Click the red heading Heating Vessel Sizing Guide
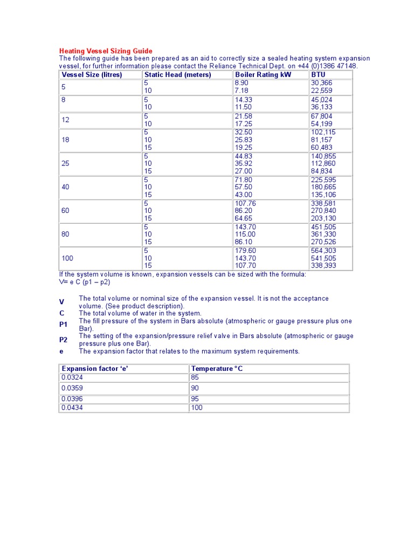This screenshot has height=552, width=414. click(x=106, y=51)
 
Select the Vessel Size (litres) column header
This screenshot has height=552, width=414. click(x=92, y=74)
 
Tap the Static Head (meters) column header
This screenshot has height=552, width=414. click(x=177, y=74)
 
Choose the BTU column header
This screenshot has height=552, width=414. click(x=318, y=74)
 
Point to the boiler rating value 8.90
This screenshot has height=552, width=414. click(x=241, y=83)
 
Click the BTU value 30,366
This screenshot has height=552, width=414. click(x=322, y=83)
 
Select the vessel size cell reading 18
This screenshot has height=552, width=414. click(x=65, y=140)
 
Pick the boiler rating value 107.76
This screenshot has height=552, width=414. click(x=245, y=203)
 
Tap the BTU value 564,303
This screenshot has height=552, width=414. click(x=323, y=251)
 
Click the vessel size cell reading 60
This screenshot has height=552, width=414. click(x=65, y=211)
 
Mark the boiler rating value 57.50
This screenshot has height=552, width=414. click(x=243, y=187)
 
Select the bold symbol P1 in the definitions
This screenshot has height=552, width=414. click(x=63, y=325)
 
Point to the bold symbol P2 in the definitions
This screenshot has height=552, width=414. click(x=63, y=340)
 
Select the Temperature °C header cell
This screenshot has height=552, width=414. click(x=217, y=369)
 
